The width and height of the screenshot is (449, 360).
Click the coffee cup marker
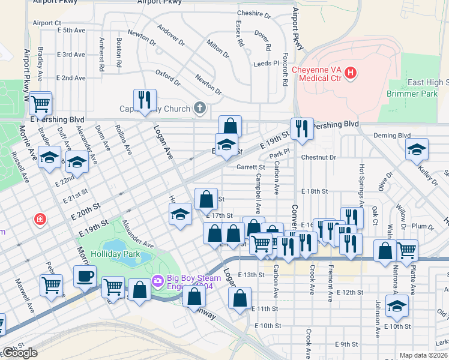point(85,276)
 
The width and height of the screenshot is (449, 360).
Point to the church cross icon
point(200,109)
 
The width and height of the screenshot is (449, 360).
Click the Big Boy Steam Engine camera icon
point(158,280)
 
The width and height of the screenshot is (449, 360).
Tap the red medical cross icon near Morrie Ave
point(40,220)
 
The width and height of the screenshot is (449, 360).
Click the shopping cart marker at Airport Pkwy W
point(40,103)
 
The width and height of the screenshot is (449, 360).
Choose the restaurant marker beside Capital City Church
point(144,100)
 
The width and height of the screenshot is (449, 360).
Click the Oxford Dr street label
point(168,77)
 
